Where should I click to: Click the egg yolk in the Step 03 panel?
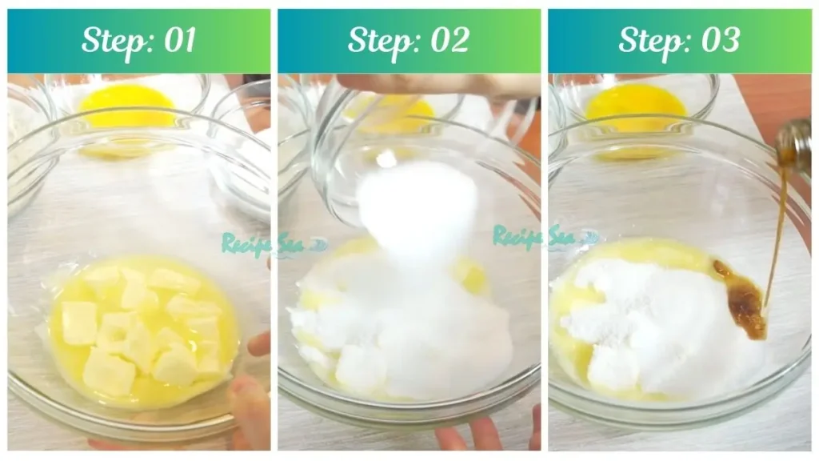click(635, 104)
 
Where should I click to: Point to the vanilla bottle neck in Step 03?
click(794, 148)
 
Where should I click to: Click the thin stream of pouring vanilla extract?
click(776, 232)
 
